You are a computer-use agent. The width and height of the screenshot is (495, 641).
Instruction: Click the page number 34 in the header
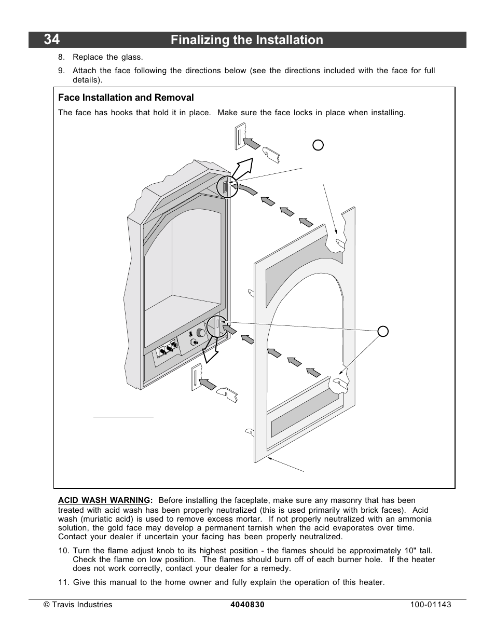coord(51,40)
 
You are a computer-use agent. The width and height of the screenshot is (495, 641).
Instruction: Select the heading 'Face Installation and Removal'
coord(126,98)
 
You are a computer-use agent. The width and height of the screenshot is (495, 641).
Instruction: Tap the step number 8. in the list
coord(62,57)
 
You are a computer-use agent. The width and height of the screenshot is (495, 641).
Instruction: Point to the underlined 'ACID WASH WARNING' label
coord(104,500)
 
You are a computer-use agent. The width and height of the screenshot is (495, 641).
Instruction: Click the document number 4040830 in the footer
coord(247,605)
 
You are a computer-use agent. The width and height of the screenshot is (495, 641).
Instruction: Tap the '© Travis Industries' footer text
coord(78,605)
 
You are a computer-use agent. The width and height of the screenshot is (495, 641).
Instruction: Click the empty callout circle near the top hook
coord(318,145)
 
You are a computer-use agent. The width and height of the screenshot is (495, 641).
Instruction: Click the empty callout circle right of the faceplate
coord(382,331)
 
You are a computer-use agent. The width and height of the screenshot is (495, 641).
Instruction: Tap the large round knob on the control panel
coord(201,334)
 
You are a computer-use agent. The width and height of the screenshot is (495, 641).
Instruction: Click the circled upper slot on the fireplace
coord(225,187)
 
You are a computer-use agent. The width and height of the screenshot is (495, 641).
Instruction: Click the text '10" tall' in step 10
coord(417,551)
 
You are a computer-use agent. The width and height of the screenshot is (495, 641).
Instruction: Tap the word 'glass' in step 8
coord(131,57)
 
